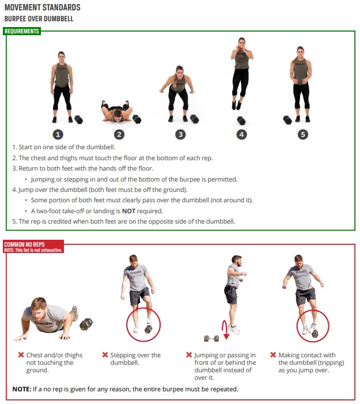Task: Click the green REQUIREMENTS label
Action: [x=22, y=31]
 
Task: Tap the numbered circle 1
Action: [x=58, y=134]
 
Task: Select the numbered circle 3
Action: [x=180, y=134]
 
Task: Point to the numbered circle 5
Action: [x=303, y=134]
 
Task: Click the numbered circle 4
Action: [x=241, y=134]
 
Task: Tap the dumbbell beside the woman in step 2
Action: [x=137, y=119]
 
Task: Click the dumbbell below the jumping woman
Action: [x=241, y=120]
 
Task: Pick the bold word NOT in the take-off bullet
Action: [x=128, y=211]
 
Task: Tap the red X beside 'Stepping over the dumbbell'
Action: [x=105, y=355]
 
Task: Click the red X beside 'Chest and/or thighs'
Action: [x=21, y=355]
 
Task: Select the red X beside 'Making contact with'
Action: [x=273, y=355]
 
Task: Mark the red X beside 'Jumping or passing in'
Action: [x=189, y=355]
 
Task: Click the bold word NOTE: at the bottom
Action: [x=22, y=389]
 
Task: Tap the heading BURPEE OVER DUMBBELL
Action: [x=39, y=19]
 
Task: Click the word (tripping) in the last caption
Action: [x=331, y=363]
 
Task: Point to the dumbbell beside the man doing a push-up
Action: [x=86, y=324]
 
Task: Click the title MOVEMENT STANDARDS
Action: [x=43, y=7]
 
